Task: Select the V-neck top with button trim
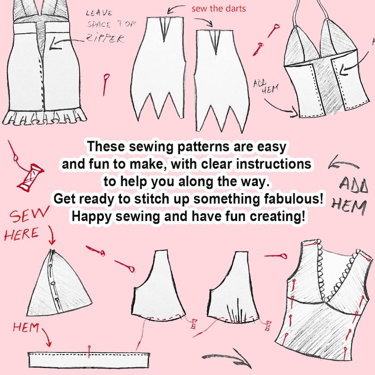coord(326,302)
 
